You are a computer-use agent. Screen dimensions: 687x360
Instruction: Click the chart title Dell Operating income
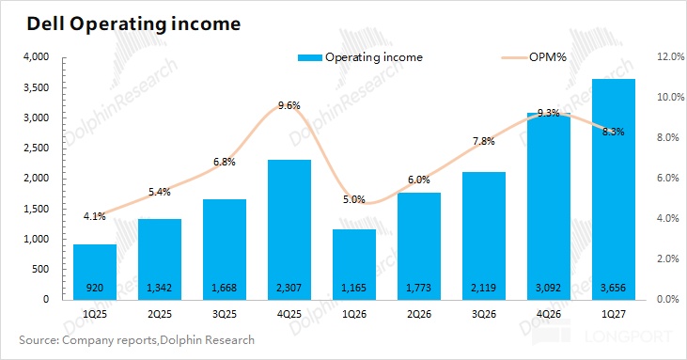pos(133,24)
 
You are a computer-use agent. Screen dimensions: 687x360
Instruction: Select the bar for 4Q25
pos(289,230)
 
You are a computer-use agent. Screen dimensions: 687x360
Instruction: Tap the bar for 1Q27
pos(614,189)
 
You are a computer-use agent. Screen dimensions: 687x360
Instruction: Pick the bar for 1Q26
pos(354,264)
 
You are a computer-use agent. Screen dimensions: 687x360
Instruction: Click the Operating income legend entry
pos(360,57)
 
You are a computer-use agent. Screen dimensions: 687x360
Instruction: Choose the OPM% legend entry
pos(535,57)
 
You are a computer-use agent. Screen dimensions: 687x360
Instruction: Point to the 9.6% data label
pos(289,105)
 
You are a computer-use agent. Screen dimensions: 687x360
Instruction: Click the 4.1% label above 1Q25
pos(95,216)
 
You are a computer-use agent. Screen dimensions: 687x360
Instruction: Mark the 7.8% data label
pos(484,141)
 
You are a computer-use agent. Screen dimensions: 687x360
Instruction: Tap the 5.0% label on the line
pos(354,199)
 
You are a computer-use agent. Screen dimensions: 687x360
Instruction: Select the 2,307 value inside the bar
pos(289,288)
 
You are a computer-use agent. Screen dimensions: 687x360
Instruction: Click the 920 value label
pos(95,288)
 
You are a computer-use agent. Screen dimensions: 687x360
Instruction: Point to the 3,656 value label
pos(614,288)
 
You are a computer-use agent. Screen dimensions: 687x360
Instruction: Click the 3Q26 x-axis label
pos(484,314)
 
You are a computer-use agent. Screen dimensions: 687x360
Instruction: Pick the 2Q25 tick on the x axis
pos(160,314)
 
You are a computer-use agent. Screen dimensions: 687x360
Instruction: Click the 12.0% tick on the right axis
pos(670,56)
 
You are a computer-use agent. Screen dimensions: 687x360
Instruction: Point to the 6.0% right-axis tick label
pos(668,178)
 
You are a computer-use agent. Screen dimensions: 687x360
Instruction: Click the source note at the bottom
pos(136,340)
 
